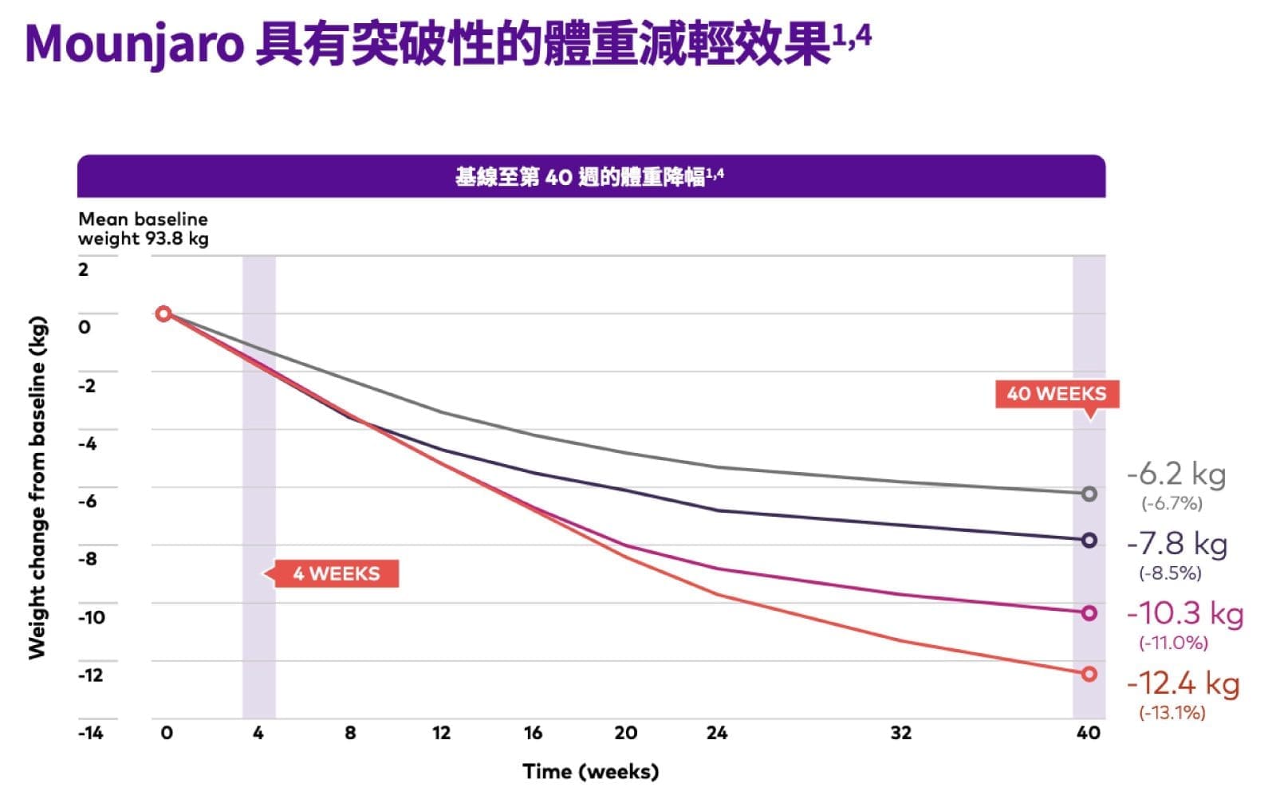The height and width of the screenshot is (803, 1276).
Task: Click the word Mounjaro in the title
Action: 134,44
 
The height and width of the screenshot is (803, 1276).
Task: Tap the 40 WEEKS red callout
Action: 1056,394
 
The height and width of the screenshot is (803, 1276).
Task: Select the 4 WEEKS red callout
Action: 336,573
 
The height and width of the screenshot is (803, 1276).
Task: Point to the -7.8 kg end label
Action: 1176,544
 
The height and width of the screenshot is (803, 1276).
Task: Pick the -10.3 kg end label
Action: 1184,613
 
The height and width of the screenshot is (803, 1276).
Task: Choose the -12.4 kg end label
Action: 1183,683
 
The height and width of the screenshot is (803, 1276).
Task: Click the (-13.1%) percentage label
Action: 1172,712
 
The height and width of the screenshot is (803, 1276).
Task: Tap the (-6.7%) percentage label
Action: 1172,503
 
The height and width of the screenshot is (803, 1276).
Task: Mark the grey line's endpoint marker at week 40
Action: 1089,494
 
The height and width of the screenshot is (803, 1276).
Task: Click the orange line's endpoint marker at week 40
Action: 1089,674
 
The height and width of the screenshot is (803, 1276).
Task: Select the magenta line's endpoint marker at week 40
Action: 1089,613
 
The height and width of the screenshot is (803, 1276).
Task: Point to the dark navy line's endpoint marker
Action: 1089,541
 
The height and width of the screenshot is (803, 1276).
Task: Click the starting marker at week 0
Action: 163,313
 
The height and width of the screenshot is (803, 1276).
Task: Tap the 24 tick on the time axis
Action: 716,733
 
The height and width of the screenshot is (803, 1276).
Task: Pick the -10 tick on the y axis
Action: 91,617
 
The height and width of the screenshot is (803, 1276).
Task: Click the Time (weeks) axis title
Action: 590,772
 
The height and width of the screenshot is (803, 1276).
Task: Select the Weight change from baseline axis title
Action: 37,488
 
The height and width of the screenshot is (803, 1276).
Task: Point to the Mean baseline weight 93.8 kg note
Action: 144,229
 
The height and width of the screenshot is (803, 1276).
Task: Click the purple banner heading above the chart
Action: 590,176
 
